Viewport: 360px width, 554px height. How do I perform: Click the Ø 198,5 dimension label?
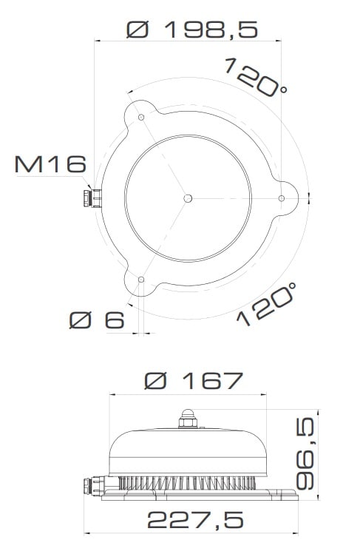tap(192, 30)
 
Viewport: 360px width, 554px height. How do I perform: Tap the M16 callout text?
tap(50, 164)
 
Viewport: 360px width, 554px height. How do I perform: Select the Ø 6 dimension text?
tap(97, 320)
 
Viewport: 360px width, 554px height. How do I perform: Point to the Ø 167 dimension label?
tap(194, 380)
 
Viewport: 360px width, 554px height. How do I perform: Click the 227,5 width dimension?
tap(195, 519)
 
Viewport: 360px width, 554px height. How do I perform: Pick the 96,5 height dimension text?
tap(305, 453)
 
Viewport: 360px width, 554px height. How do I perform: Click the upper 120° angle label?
tap(256, 77)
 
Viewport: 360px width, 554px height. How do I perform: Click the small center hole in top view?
tap(188, 198)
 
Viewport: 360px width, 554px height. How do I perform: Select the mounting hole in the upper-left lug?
tap(141, 118)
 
